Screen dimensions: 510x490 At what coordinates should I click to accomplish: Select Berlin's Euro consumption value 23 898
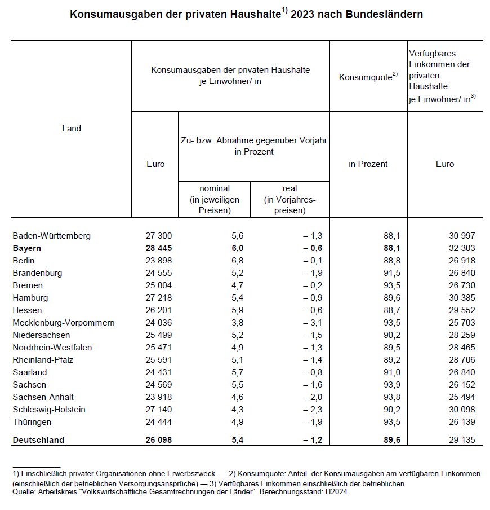tap(158, 261)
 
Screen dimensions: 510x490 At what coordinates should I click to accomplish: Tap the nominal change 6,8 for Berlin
tap(238, 261)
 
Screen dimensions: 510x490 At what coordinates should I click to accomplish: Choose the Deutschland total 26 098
tap(158, 440)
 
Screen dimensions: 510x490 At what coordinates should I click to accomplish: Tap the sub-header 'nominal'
tap(214, 188)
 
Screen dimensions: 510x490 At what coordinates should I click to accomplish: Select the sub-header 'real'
tap(289, 188)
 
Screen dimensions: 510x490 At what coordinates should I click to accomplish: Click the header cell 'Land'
tap(72, 129)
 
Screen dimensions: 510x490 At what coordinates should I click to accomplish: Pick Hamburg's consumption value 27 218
tap(158, 298)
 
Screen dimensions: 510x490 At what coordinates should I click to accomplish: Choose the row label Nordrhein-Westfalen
tap(52, 348)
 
